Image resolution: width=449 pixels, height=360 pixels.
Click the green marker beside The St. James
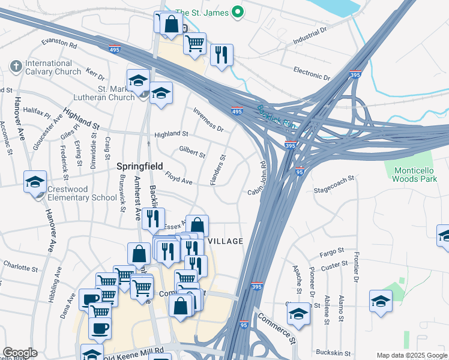238,12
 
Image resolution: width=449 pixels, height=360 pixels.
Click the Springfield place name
140,166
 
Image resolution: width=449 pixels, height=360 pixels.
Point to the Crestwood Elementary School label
81,193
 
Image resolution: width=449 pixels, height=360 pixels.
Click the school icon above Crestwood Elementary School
35,182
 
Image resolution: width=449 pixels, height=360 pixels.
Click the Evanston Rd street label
59,44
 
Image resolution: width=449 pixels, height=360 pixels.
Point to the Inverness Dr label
208,120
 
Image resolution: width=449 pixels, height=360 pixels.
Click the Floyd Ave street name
178,178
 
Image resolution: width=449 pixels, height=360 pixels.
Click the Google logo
20,353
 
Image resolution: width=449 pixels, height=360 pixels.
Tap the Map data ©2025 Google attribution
411,355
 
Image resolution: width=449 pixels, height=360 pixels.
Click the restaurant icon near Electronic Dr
221,56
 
